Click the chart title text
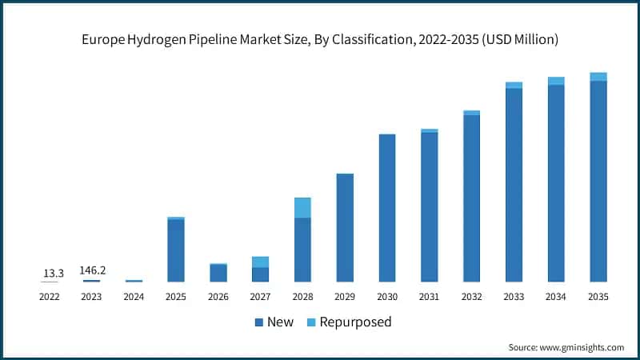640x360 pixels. coord(320,37)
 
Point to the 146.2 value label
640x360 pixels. coord(92,270)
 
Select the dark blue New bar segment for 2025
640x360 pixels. coord(176,250)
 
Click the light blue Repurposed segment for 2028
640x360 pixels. coord(302,207)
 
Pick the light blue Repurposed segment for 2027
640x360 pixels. coord(260,262)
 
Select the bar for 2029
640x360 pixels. coord(345,227)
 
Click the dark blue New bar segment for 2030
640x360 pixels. coord(387,208)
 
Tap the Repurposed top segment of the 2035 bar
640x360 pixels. coord(598,77)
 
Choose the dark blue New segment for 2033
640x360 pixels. coord(514,185)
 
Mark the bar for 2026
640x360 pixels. coord(218,273)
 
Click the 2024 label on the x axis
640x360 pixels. coord(134,296)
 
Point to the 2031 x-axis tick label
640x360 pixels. coord(429,296)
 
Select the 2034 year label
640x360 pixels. coord(556,296)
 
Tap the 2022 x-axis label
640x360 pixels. coord(50,296)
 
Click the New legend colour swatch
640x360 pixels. coord(259,322)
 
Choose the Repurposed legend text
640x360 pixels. coord(355,322)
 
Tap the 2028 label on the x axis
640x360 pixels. coord(302,296)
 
